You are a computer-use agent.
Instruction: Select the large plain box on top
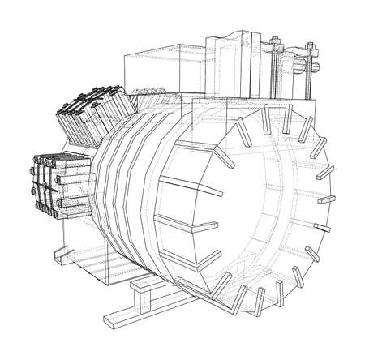[x=158, y=69]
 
